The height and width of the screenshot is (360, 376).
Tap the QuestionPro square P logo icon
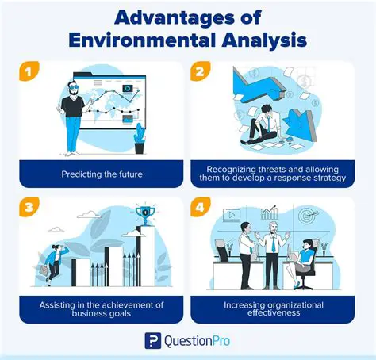tap(152, 341)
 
